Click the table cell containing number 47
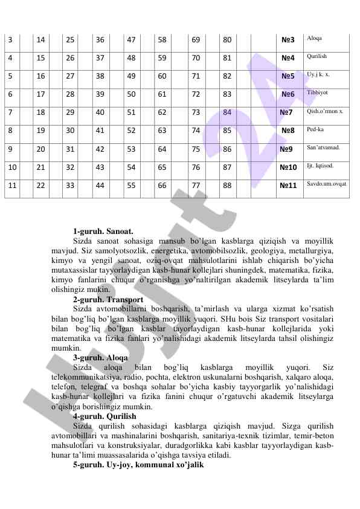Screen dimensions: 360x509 click(131, 41)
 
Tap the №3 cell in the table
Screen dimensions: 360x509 click(288, 41)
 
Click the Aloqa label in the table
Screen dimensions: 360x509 click(314, 38)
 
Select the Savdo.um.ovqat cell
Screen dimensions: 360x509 click(327, 183)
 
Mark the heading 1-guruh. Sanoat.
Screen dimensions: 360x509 click(103, 232)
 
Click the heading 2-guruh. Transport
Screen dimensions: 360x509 click(108, 299)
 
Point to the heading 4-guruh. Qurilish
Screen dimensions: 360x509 click(104, 416)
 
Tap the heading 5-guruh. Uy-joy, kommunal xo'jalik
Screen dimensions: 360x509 click(138, 465)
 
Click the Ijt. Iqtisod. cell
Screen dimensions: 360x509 click(318, 164)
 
